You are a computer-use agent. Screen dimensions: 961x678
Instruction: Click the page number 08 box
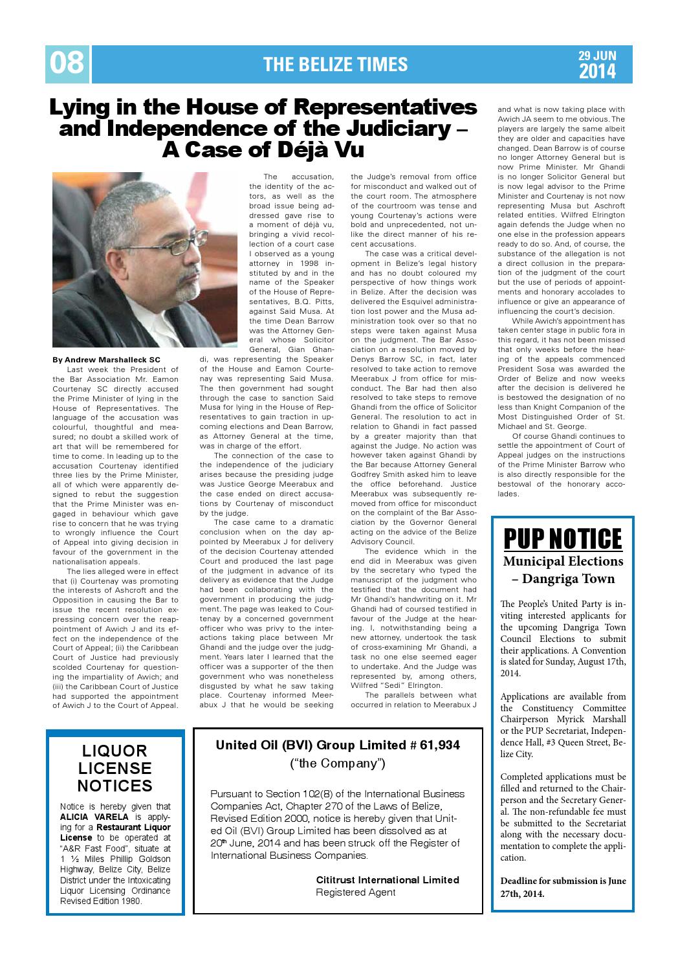tap(67, 64)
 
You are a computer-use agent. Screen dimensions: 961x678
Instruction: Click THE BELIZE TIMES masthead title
tap(335, 64)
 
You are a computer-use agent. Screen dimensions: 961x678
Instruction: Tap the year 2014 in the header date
tap(596, 71)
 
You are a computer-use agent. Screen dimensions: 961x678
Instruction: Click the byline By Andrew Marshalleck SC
tap(106, 360)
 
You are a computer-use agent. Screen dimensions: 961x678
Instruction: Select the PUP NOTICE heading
tap(562, 539)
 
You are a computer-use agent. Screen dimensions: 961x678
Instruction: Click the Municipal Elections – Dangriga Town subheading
tap(562, 569)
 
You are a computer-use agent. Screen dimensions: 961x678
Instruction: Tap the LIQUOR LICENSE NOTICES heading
tap(115, 768)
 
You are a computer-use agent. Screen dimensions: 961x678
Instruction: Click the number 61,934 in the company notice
tap(439, 746)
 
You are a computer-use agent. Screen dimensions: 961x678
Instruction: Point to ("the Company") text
tap(337, 764)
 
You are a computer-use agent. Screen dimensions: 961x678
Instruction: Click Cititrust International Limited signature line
tap(387, 880)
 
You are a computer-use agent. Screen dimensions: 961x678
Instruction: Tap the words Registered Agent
tap(355, 892)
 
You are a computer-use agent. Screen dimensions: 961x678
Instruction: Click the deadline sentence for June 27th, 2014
tap(562, 887)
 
